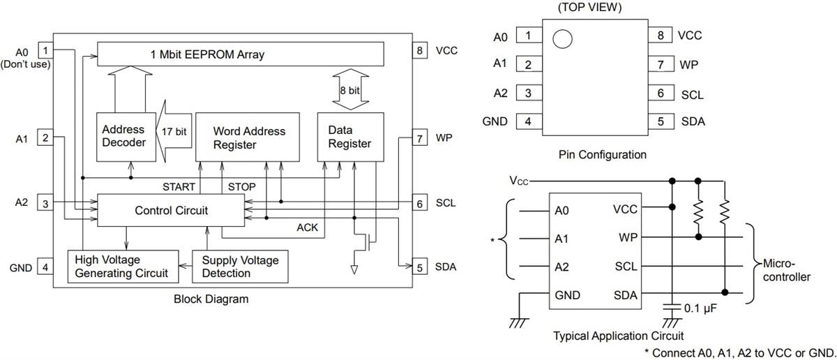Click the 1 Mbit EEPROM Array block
240,54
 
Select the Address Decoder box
123,136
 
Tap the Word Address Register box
249,137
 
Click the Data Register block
349,137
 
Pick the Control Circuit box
171,210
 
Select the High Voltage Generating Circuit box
121,267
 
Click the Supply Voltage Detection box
240,267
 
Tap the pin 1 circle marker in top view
562,38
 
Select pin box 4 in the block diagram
45,267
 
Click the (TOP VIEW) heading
590,8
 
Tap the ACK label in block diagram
307,227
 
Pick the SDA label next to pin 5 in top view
693,121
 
